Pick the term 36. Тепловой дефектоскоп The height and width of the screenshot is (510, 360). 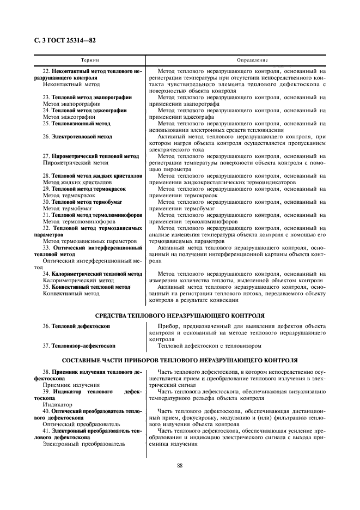pos(76,326)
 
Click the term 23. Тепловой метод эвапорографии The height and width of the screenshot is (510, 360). pos(87,98)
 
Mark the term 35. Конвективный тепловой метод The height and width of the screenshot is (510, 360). pos(87,287)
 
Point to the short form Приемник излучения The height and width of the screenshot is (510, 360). pos(71,385)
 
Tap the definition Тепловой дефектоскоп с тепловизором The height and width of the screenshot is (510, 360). pos(210,345)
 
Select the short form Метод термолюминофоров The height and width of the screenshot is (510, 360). pos(78,222)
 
